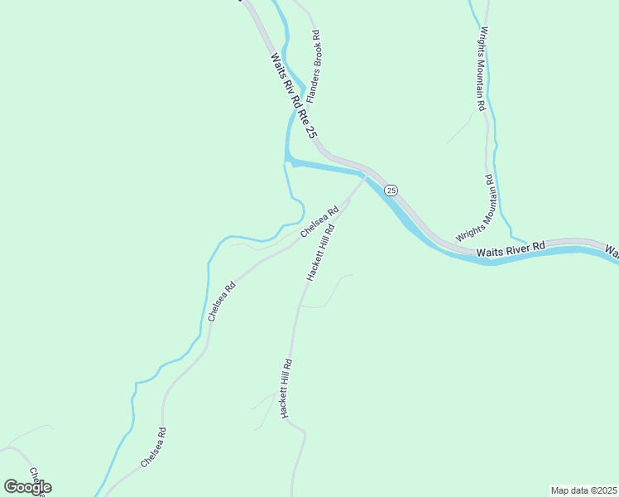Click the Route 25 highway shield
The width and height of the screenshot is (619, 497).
(x=391, y=190)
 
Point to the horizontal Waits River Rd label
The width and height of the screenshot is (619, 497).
(x=511, y=248)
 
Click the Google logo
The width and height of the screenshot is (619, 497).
(x=27, y=486)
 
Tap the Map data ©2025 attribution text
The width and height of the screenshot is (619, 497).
(x=583, y=490)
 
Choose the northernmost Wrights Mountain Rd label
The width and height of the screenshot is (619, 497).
(x=480, y=70)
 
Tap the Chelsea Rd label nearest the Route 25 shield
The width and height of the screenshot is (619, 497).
(x=319, y=222)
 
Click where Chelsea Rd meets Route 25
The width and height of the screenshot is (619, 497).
(x=363, y=177)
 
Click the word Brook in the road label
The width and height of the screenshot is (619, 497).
(x=315, y=51)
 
